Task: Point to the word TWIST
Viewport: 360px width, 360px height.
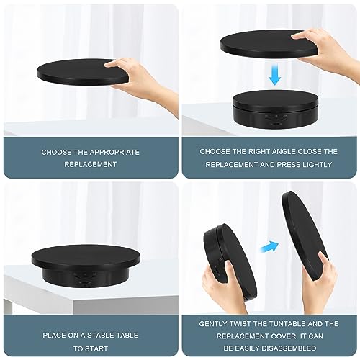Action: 243,325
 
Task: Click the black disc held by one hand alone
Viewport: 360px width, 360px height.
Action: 79,71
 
